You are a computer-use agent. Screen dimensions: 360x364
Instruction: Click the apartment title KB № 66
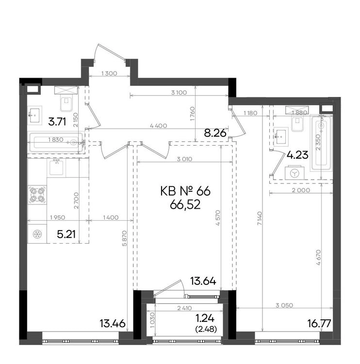[185, 192]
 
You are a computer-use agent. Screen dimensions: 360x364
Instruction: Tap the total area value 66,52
[185, 205]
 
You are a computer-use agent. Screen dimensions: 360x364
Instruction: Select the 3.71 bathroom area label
[57, 122]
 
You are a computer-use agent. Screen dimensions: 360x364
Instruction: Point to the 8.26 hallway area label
[215, 133]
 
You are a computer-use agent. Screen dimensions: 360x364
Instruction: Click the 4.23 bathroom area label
[297, 155]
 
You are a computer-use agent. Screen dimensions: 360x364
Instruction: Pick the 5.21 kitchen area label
[66, 234]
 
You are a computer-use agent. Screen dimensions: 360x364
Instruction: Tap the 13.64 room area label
[203, 281]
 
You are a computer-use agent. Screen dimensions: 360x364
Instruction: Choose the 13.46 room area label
[113, 323]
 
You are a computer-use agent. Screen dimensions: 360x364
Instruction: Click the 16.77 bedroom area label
[319, 323]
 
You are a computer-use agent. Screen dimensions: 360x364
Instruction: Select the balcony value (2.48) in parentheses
[206, 329]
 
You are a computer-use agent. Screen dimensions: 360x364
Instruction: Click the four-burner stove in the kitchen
[37, 195]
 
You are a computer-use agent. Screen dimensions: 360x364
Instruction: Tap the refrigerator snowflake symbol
[37, 234]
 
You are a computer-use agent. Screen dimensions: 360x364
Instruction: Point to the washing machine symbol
[295, 172]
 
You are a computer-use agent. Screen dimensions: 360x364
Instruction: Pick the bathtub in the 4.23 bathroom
[321, 143]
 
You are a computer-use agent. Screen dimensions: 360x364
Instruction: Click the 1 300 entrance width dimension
[109, 73]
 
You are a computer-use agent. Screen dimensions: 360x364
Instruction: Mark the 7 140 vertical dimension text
[259, 218]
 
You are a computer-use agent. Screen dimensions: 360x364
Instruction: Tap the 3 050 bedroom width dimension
[284, 305]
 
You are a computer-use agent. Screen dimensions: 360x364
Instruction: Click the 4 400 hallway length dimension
[159, 126]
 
